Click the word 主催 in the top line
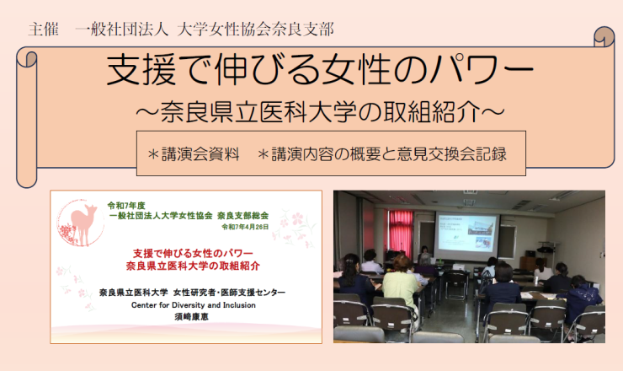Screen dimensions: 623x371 pos(43,30)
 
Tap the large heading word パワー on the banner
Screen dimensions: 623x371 pos(482,70)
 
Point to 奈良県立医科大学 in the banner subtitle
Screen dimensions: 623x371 pos(259,112)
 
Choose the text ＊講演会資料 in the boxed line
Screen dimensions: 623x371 pos(193,154)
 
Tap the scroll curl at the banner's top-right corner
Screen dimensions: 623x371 pos(604,37)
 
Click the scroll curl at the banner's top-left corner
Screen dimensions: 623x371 pos(27,58)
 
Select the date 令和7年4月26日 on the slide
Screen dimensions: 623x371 pos(245,227)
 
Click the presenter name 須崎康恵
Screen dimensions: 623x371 pos(191,317)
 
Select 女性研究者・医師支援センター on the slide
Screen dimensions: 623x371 pos(229,293)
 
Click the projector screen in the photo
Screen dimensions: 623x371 pos(467,234)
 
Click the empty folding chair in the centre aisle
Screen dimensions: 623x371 pos(455,285)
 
